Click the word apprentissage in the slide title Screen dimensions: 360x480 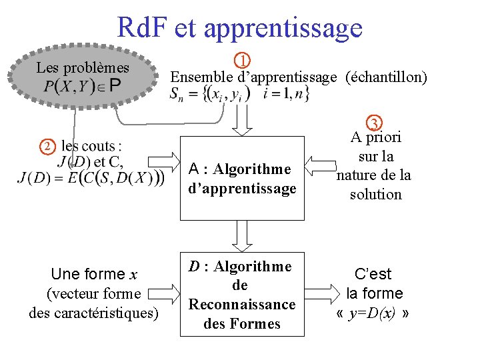coord(283,28)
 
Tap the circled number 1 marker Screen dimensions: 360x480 coord(245,60)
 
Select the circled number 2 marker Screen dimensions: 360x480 coord(47,146)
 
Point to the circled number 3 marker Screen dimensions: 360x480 coord(375,123)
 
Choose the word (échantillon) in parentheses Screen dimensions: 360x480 coord(386,77)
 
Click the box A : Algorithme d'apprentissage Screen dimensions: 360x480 coord(242,179)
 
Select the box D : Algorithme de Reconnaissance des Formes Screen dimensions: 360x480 coord(242,294)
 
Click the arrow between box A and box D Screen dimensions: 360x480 coord(242,235)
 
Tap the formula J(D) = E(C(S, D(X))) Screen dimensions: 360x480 coord(91,178)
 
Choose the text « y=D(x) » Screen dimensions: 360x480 coord(373,313)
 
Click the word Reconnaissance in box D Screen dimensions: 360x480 coord(242,305)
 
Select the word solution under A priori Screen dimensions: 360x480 coord(376,195)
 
